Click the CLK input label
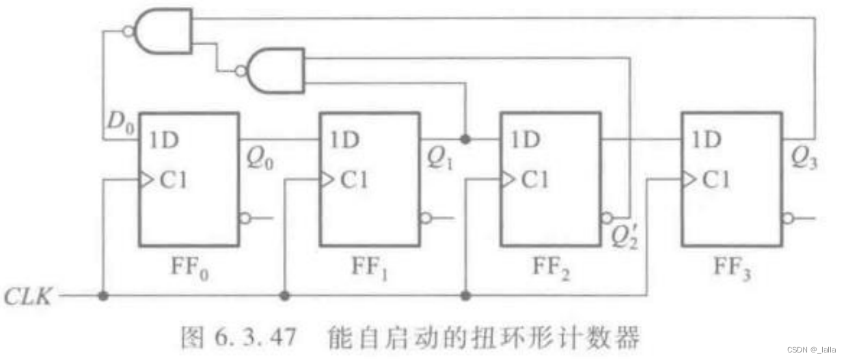(27, 297)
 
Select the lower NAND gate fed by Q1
(275, 70)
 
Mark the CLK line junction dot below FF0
(103, 296)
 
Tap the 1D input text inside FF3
(705, 141)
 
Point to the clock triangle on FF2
(506, 180)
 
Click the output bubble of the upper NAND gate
(128, 31)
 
